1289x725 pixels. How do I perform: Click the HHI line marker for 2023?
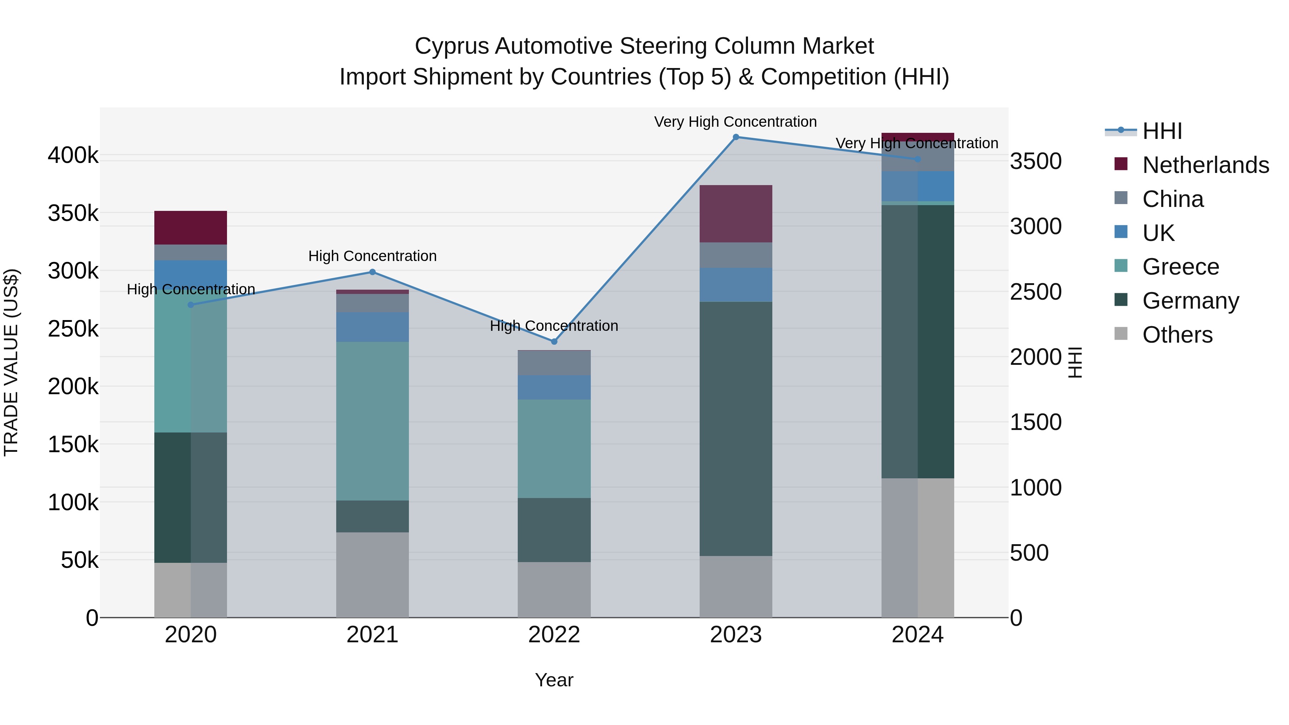pos(735,137)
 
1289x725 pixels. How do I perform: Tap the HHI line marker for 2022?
pos(554,342)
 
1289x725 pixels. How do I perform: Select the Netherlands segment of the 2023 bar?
pos(735,214)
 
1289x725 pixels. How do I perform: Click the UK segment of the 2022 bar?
pos(554,387)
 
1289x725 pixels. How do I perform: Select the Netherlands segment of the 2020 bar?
pos(190,228)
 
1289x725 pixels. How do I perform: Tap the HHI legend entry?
pos(1162,131)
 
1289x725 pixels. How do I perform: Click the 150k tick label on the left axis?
pos(73,444)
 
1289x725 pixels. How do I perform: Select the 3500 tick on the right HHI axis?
pos(1035,161)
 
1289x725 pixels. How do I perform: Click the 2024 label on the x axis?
pos(917,635)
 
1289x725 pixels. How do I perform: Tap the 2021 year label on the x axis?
pos(372,635)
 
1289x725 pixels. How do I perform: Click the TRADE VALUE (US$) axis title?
pos(11,362)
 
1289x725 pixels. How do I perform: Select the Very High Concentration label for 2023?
pos(735,122)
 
